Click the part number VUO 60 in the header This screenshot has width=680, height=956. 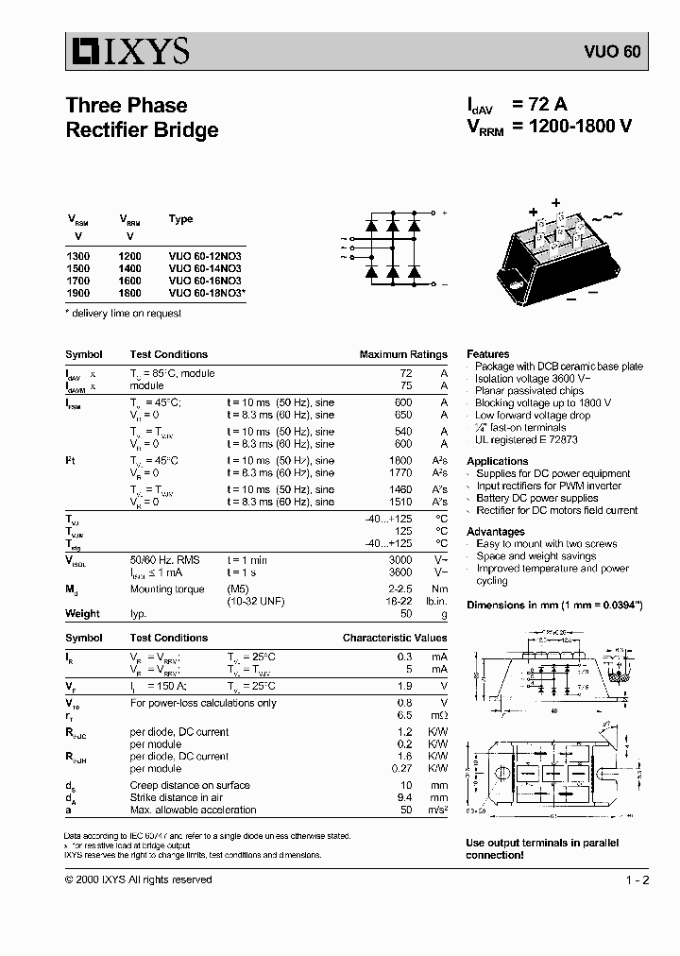pos(618,53)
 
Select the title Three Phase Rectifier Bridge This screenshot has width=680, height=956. pos(142,118)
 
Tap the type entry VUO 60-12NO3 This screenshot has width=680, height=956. pos(205,256)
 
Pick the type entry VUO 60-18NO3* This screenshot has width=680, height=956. pos(207,293)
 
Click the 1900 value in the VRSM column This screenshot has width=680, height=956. pos(79,293)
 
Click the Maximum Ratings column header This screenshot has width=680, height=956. pos(402,354)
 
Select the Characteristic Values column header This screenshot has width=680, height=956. pos(394,638)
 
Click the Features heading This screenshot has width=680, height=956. pos(487,354)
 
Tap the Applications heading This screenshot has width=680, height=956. pos(497,461)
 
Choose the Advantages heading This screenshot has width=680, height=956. pos(495,532)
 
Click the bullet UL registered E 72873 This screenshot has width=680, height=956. pos(526,439)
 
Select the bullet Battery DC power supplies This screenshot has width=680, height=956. pos(536,498)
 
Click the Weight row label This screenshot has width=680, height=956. pos(82,613)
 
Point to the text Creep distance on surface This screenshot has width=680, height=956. pos(189,785)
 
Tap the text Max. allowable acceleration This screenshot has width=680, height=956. pos(193,810)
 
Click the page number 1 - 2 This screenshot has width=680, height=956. pos(637,879)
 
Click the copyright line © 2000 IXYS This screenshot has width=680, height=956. pos(138,879)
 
